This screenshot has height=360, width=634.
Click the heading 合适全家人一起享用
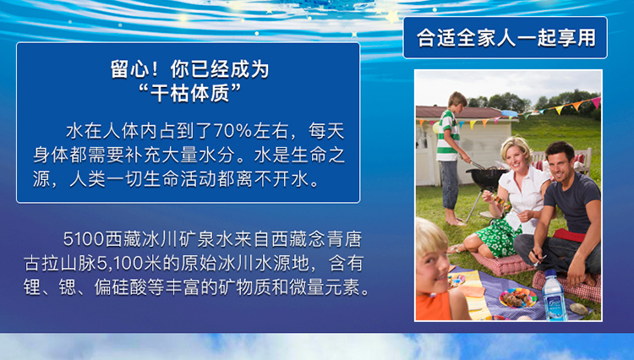506,38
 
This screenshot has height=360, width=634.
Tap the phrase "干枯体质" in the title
189,92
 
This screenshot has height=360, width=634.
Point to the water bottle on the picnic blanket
555,295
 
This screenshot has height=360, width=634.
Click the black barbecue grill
486,177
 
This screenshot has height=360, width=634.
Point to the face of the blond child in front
433,268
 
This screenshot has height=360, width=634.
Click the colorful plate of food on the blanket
518,298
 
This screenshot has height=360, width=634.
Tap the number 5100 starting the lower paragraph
84,239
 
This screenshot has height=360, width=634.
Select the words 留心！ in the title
134,69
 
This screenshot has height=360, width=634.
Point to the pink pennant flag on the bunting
596,102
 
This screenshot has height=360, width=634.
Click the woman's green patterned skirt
498,237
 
